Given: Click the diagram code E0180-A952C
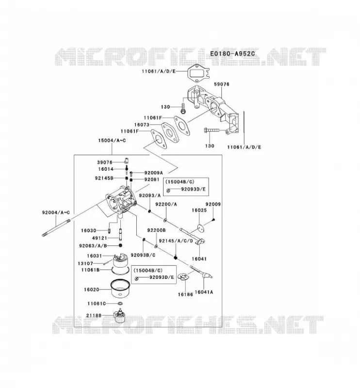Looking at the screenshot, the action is tap(232, 53).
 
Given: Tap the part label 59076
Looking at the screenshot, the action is tap(222, 84).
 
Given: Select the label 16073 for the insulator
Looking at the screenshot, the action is tap(142, 125).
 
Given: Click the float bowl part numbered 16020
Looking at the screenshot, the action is tap(120, 289).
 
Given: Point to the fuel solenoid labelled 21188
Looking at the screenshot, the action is tap(119, 316).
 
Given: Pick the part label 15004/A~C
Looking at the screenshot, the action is tap(112, 140).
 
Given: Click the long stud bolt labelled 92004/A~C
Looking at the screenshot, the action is tap(56, 227).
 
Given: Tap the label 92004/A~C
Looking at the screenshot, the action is tap(56, 212).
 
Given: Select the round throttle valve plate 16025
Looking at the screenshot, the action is tap(201, 228).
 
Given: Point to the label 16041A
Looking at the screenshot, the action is tap(204, 292).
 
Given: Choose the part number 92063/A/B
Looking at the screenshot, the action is tap(93, 245).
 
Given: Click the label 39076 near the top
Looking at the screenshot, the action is tap(105, 162).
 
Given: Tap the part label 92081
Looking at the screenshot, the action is tap(152, 179).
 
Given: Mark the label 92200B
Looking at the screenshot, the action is tap(157, 230).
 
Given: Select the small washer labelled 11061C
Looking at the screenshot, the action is tap(120, 304).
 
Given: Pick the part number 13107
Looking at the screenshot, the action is tap(85, 263).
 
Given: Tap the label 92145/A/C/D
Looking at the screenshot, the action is tap(176, 241).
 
